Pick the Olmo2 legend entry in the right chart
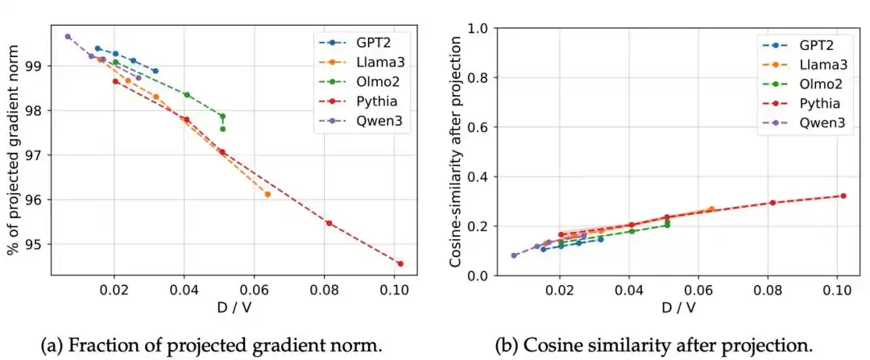click(803, 83)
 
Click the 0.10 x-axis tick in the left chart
click(394, 288)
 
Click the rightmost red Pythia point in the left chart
click(400, 263)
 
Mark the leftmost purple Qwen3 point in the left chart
click(68, 36)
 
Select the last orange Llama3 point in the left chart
click(267, 194)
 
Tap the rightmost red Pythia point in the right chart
click(843, 196)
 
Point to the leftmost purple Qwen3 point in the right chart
click(514, 255)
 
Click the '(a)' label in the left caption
click(52, 346)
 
